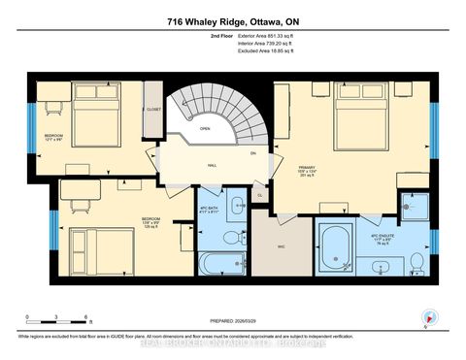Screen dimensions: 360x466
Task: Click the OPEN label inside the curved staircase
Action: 205,127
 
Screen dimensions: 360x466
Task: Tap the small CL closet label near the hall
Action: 259,195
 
